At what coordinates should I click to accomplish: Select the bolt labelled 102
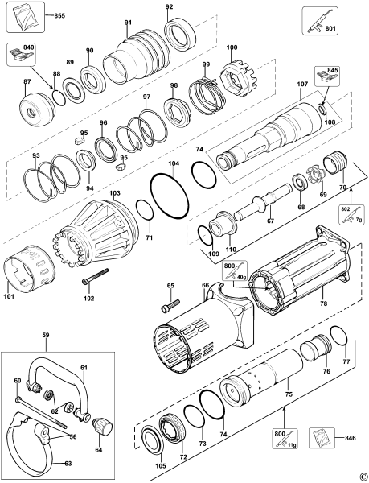point(96,276)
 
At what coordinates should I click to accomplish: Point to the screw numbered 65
point(170,304)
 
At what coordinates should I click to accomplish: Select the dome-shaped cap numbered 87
point(35,106)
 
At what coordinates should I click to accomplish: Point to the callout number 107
point(300,84)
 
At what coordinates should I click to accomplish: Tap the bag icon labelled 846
point(322,437)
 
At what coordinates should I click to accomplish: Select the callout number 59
point(46,336)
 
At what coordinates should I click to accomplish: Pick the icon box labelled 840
point(22,54)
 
